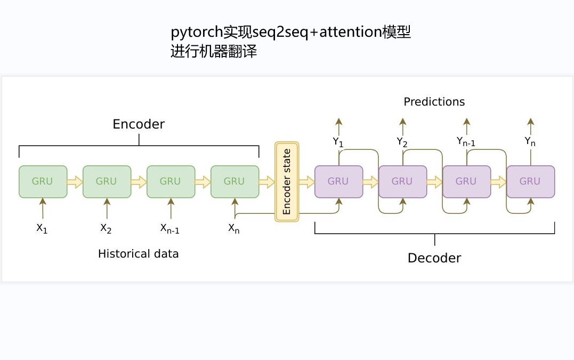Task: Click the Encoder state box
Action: coord(287,182)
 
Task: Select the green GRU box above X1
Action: coord(43,181)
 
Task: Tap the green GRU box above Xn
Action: coord(235,181)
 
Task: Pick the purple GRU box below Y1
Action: coord(338,181)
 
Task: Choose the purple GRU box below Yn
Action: coord(530,181)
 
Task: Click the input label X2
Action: coord(106,228)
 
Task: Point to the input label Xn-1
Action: coord(170,228)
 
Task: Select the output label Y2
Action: coord(402,142)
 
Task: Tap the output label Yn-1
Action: coord(466,142)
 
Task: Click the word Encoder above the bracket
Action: coord(139,124)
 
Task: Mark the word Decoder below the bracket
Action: coord(434,258)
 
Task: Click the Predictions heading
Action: coord(434,102)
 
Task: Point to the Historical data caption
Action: coord(138,254)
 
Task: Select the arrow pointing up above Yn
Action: coord(530,125)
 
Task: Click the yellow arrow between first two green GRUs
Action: coord(75,182)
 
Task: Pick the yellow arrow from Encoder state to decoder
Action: coord(306,182)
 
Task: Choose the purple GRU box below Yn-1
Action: coord(466,181)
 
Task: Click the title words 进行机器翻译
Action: coord(214,52)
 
